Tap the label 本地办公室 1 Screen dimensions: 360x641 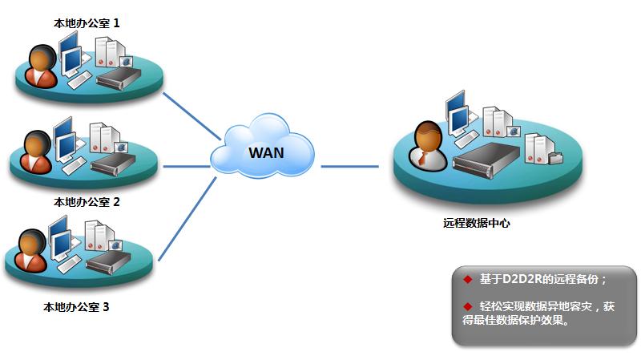86,23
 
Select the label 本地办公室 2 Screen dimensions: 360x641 86,202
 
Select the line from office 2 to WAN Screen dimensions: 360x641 187,168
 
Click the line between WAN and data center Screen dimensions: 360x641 349,168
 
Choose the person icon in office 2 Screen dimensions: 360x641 34,151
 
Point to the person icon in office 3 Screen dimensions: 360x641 31,251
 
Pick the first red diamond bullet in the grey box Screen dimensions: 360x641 468,279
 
